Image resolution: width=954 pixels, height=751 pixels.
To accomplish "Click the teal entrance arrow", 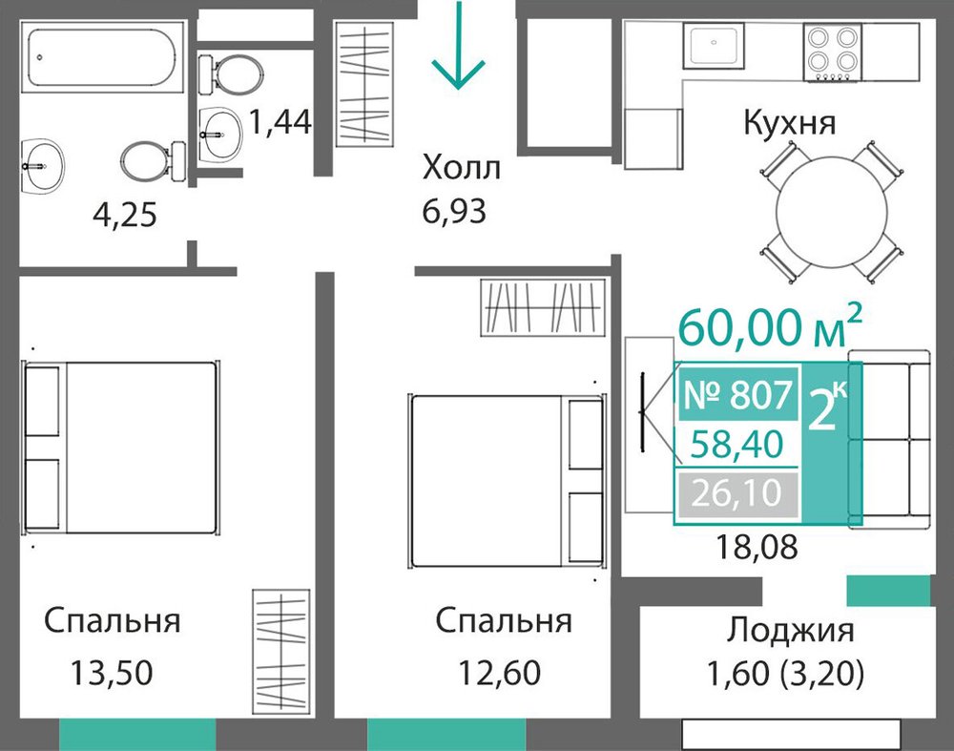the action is click(x=458, y=45).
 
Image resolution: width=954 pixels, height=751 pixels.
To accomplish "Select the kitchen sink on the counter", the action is click(x=713, y=46).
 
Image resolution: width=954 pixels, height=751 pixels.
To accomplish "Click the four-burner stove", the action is click(x=832, y=52).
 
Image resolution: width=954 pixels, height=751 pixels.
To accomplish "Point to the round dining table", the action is click(x=831, y=212).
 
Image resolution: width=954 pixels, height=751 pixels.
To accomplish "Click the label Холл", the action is click(x=461, y=167).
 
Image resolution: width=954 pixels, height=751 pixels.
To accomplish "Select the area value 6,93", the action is click(x=454, y=212).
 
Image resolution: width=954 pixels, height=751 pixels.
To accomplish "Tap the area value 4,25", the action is click(x=125, y=215).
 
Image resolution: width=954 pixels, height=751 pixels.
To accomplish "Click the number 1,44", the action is click(x=280, y=122).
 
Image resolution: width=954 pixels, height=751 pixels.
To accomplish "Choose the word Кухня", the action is click(x=790, y=123).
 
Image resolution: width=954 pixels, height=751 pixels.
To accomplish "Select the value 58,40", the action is click(x=736, y=445).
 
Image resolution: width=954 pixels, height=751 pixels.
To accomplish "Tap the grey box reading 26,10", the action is click(x=736, y=493).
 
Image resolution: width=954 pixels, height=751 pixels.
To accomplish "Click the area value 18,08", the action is click(x=757, y=547).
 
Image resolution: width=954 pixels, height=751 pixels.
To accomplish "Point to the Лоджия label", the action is click(x=790, y=630).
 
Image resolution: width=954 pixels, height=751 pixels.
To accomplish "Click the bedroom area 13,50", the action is click(x=112, y=673).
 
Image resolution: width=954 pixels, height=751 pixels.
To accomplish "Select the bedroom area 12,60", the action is click(x=499, y=673).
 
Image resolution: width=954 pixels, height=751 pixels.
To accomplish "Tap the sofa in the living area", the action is click(x=889, y=439).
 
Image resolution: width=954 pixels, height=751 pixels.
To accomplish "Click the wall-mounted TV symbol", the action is click(x=642, y=412).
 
